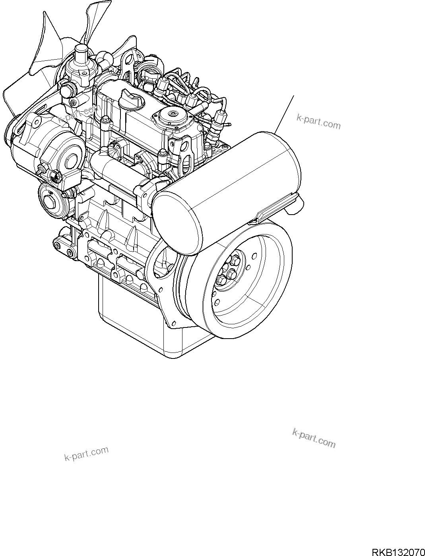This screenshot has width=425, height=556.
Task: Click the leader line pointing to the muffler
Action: (x=284, y=114)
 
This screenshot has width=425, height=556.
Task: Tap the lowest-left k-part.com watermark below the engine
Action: (x=87, y=454)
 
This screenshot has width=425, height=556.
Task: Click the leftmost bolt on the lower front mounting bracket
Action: (x=58, y=245)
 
